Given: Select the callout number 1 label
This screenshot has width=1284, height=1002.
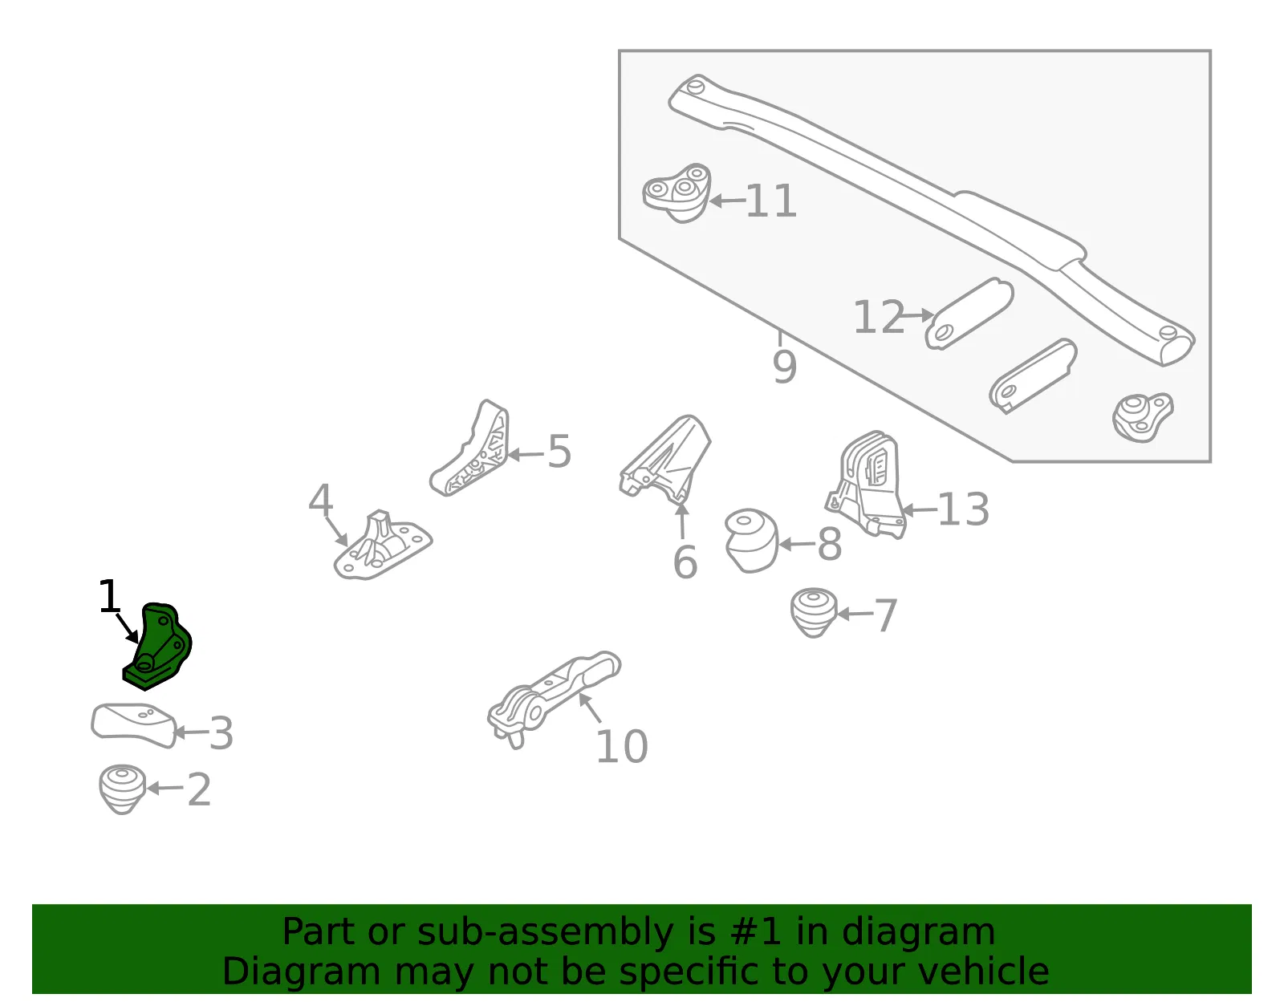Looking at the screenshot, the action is coord(109,596).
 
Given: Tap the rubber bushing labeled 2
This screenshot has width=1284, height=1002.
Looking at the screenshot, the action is coord(122,789).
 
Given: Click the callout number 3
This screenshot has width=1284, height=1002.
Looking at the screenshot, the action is coord(221,733).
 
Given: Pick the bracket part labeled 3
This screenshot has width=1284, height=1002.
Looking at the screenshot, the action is coord(133,726).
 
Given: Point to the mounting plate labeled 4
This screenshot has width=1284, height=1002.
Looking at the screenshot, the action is coord(383,546).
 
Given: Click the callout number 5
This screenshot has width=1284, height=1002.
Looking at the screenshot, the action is coord(559,452).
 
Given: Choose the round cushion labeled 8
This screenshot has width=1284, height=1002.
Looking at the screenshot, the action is coord(752,541).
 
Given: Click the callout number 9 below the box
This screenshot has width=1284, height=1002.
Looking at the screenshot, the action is coord(785,367).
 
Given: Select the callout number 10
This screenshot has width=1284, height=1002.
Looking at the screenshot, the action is coord(622,747).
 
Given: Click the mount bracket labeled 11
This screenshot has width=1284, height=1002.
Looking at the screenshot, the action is coord(677,193).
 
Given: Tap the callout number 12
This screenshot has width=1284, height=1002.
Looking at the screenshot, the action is coord(879,317).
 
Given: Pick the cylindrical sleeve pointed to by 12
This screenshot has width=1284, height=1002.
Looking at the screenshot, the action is coord(969,314).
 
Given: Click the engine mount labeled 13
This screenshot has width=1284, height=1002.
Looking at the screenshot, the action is coord(866,485).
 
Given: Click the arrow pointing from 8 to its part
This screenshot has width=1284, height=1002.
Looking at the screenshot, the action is coord(797,545).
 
